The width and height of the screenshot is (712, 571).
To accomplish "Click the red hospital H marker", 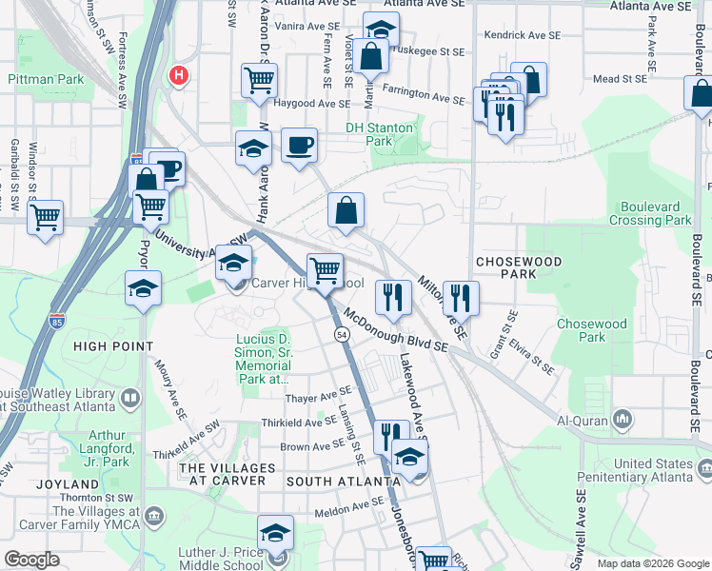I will (177, 74).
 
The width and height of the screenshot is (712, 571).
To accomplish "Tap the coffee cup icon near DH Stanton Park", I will (300, 145).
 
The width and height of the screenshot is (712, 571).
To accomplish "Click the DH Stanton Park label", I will (379, 134).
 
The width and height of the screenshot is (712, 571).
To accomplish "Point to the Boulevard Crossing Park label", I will (656, 213).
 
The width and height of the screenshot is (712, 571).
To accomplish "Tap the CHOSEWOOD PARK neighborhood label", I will (518, 267).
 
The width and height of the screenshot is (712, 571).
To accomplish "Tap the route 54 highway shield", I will (340, 334).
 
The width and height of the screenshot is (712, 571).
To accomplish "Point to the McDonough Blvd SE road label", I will (396, 330).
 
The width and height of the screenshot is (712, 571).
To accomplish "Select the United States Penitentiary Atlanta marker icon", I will (704, 468).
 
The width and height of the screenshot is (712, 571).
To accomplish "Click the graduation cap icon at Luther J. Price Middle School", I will (275, 533).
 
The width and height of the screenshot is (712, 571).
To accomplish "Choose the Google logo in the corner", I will (32, 560).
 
